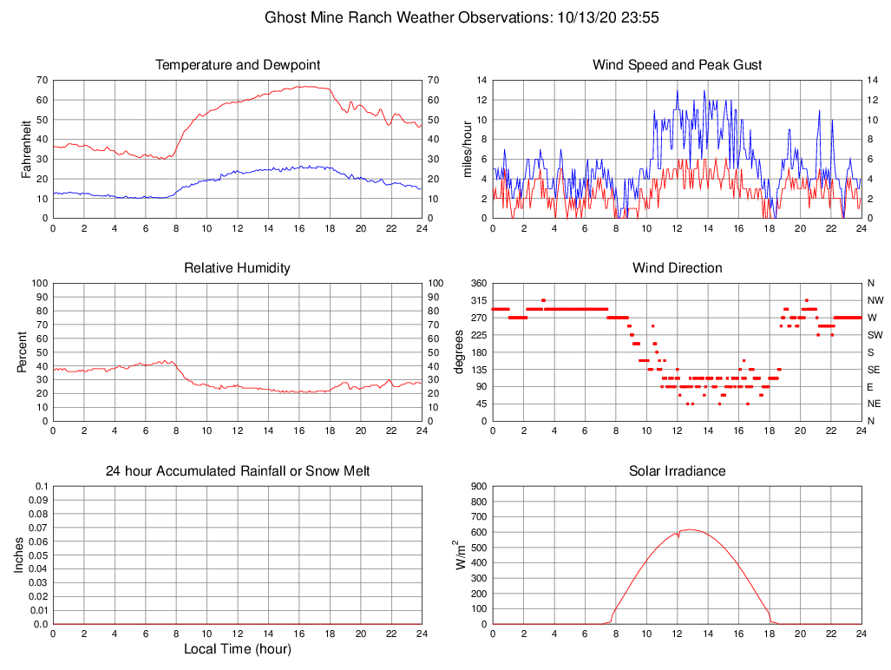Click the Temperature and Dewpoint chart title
pyautogui.click(x=237, y=65)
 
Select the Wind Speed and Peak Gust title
pyautogui.click(x=678, y=65)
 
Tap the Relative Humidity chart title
pyautogui.click(x=237, y=268)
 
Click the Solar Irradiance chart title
pyautogui.click(x=678, y=471)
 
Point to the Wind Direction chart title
pyautogui.click(x=678, y=268)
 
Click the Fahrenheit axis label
pyautogui.click(x=26, y=148)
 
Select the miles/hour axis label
pyautogui.click(x=468, y=148)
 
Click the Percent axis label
pyautogui.click(x=22, y=351)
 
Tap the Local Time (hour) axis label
pyautogui.click(x=237, y=649)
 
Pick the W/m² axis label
pyautogui.click(x=462, y=555)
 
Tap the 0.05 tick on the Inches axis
pyautogui.click(x=39, y=555)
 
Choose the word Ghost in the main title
pyautogui.click(x=285, y=17)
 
